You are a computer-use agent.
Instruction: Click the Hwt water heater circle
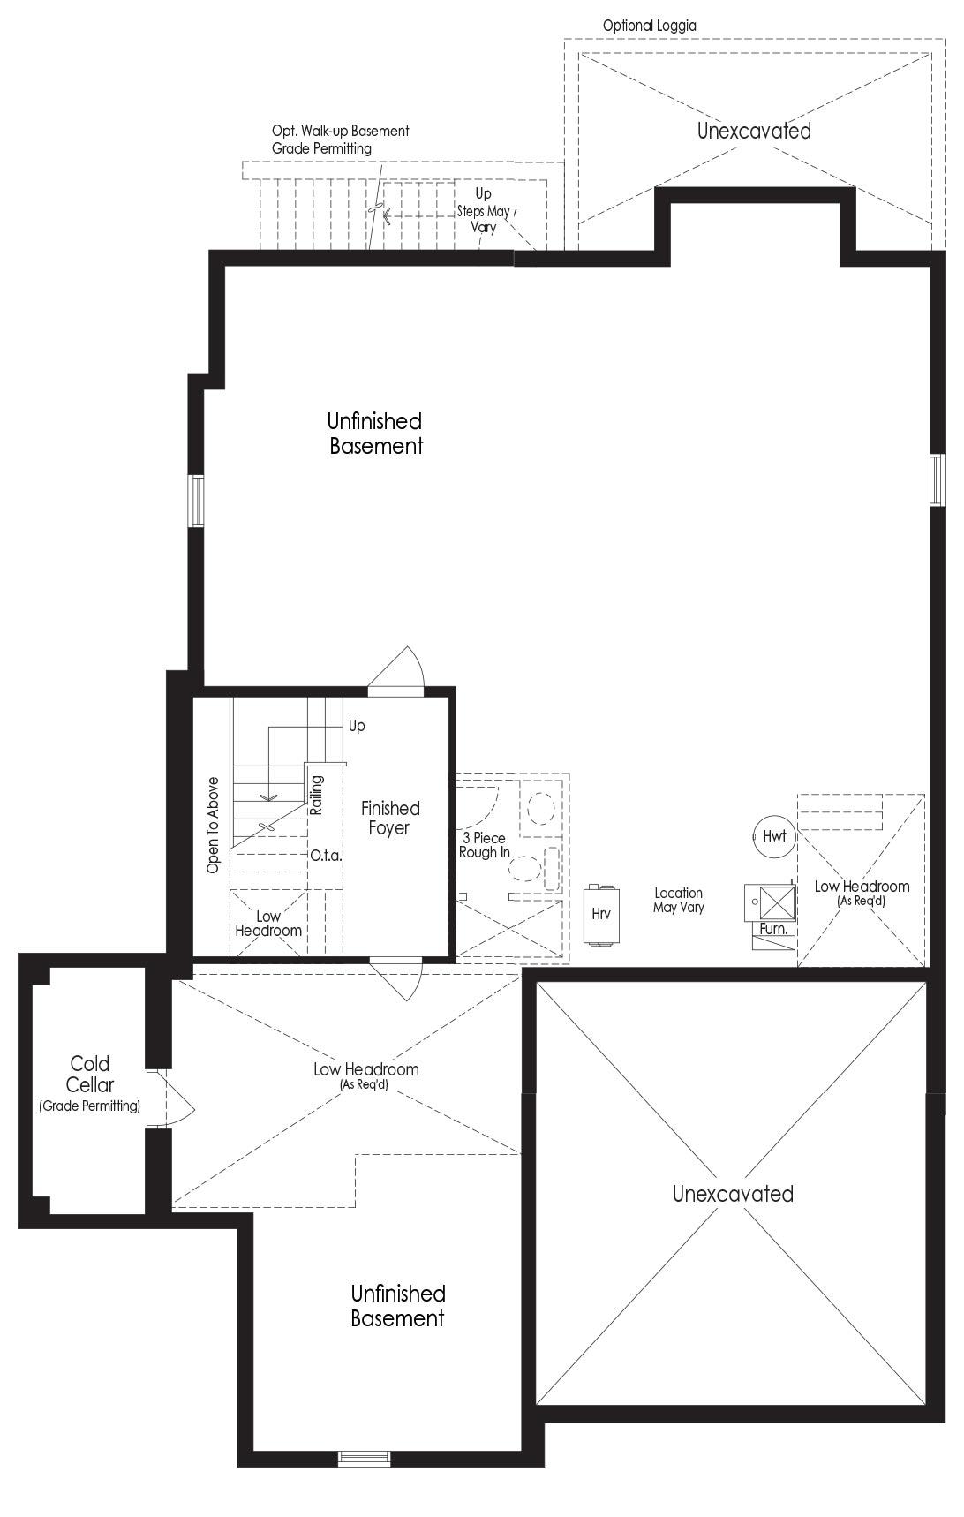click(x=774, y=836)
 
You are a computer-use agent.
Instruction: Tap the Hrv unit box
click(x=601, y=914)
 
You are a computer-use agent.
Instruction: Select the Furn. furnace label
click(x=773, y=929)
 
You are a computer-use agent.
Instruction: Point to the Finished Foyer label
click(x=389, y=818)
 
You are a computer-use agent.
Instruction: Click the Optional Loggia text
click(x=649, y=26)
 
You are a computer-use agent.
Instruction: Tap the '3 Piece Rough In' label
click(x=484, y=845)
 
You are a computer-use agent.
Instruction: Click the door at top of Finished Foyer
click(x=397, y=669)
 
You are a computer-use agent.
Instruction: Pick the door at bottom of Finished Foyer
click(x=397, y=978)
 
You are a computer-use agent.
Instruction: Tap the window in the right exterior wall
click(x=937, y=480)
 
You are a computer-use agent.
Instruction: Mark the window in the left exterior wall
click(x=196, y=502)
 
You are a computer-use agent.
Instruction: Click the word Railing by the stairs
click(x=317, y=795)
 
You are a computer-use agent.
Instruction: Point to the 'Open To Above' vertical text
click(x=213, y=826)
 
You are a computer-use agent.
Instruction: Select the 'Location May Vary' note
click(x=678, y=900)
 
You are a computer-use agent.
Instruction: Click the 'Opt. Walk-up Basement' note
click(x=341, y=131)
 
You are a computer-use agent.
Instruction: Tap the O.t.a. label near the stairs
click(x=326, y=856)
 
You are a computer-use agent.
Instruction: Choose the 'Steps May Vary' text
click(x=483, y=219)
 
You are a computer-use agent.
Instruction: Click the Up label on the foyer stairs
click(x=357, y=726)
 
